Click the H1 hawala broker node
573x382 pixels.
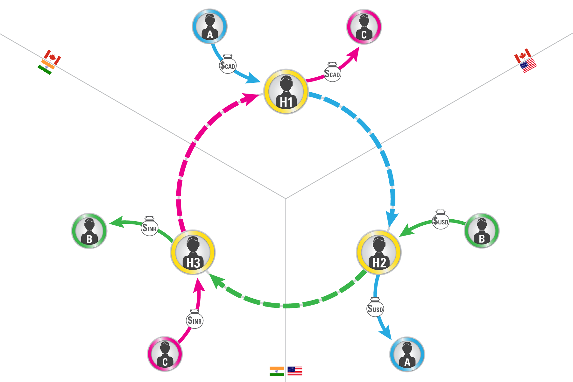(286, 92)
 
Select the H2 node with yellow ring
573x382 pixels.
(379, 252)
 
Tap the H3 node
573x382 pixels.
(193, 252)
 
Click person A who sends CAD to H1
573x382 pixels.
(209, 26)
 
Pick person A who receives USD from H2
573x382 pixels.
(407, 354)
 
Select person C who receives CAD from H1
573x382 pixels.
(364, 26)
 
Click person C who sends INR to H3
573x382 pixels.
(165, 354)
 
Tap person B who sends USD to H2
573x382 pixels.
(482, 230)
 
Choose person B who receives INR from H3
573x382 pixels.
(89, 231)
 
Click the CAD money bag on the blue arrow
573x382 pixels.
(228, 65)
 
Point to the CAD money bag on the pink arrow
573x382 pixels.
(332, 73)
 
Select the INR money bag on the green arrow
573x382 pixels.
(149, 227)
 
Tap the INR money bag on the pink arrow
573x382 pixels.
(195, 319)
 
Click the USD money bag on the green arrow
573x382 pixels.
(441, 220)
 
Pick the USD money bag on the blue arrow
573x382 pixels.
(375, 308)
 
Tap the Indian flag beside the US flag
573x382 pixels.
(277, 371)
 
